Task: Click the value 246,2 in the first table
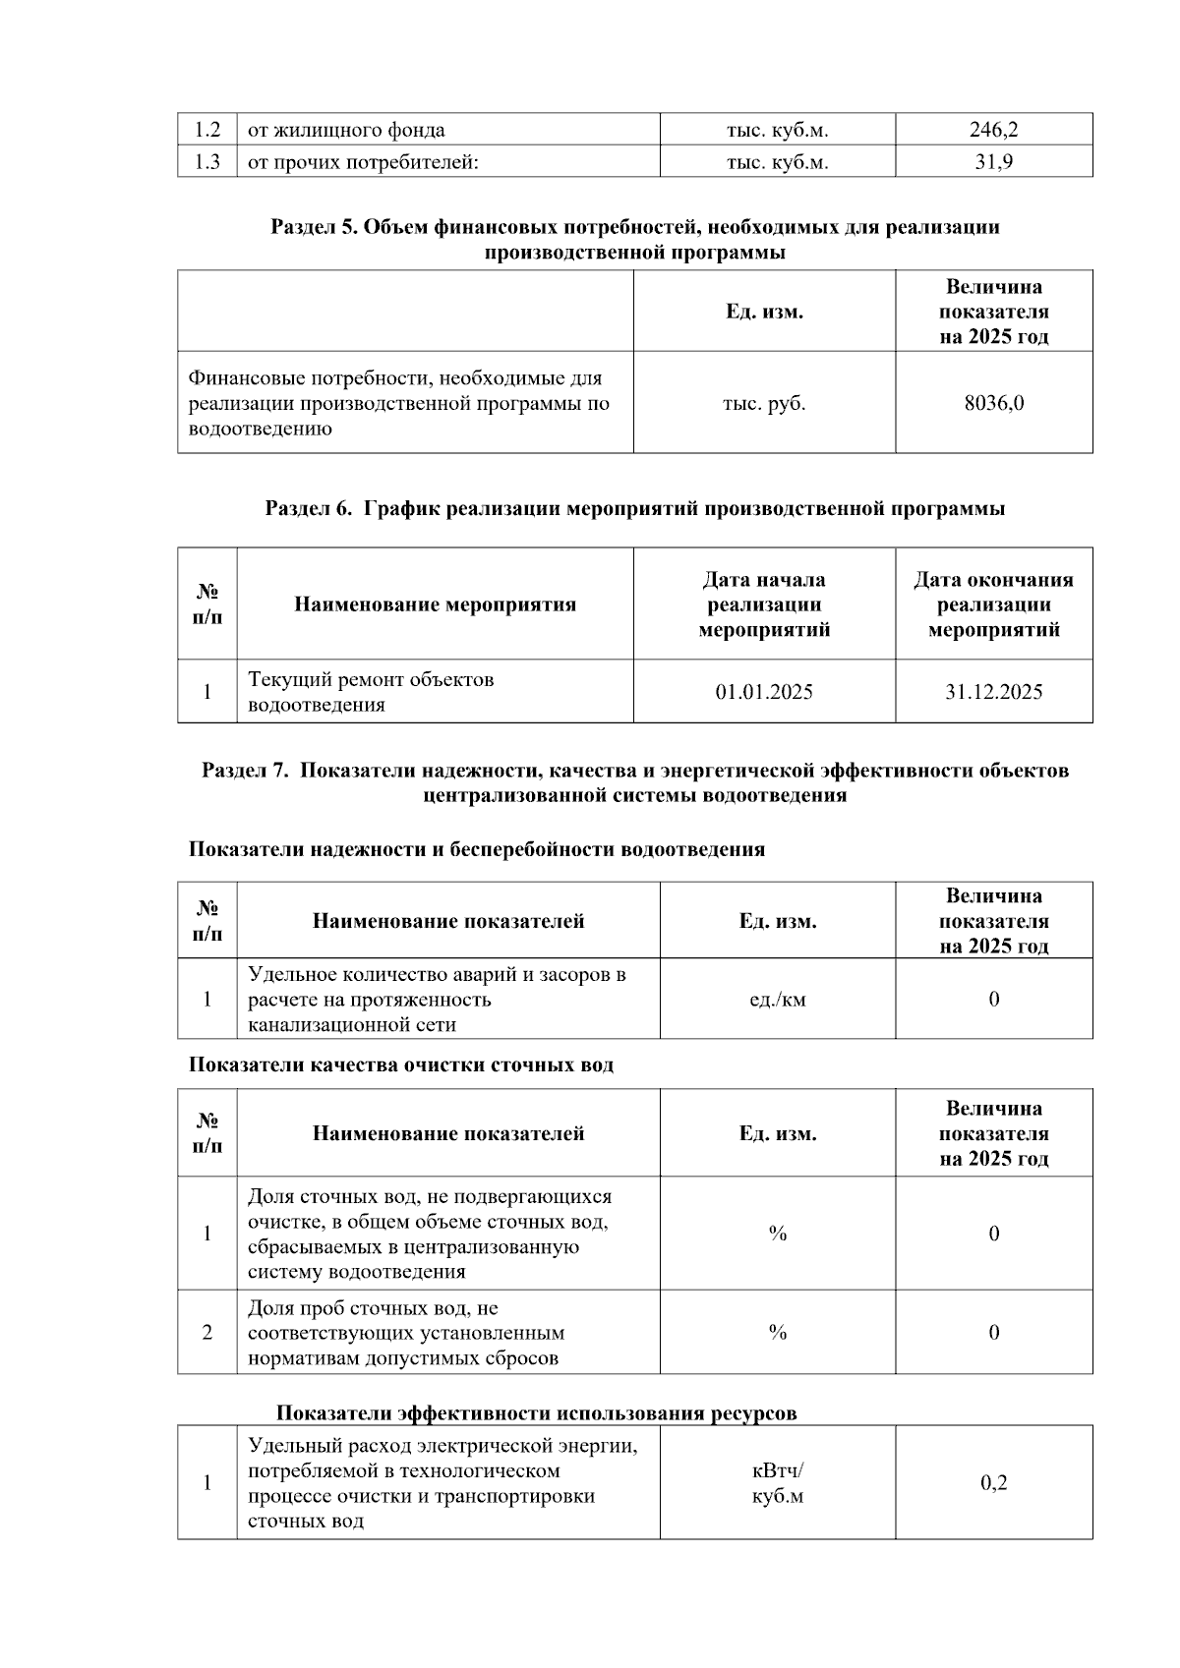point(993,130)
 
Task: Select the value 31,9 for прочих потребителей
point(993,162)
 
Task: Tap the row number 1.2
point(206,130)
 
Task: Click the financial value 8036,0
point(993,403)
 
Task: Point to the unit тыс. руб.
point(764,403)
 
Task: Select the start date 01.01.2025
point(764,692)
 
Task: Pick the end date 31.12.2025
point(993,692)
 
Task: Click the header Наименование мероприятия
point(435,604)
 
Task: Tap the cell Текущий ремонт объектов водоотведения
point(371,692)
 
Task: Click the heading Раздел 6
point(635,509)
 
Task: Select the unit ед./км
point(777,1000)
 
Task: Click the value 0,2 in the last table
point(993,1483)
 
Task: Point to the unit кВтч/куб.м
point(777,1483)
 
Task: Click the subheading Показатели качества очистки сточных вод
point(401,1065)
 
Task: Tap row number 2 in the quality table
point(206,1333)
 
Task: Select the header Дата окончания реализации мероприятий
point(993,604)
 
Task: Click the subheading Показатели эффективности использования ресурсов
point(536,1413)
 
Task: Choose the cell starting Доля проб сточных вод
point(405,1333)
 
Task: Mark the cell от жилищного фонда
point(346,130)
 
